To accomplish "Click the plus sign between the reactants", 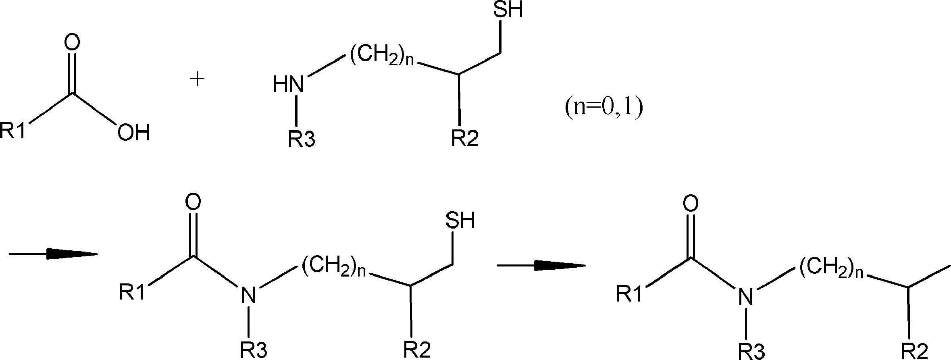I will (198, 79).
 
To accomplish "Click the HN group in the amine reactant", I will (288, 85).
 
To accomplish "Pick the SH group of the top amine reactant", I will (508, 10).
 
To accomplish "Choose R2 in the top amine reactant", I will (465, 139).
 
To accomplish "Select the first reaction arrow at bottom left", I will (53, 254).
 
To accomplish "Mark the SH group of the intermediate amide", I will (460, 221).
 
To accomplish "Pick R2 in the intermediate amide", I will (417, 349).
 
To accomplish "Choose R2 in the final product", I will (915, 349).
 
